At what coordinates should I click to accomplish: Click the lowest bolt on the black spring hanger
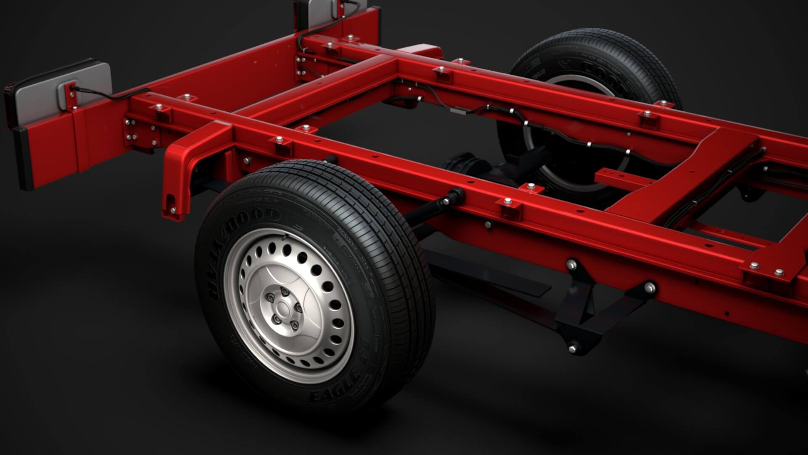pyautogui.click(x=572, y=348)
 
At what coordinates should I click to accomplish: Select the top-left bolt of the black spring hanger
pyautogui.click(x=571, y=264)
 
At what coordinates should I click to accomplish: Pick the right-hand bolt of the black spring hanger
pyautogui.click(x=650, y=287)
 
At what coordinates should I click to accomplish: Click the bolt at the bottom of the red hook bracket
pyautogui.click(x=173, y=210)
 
